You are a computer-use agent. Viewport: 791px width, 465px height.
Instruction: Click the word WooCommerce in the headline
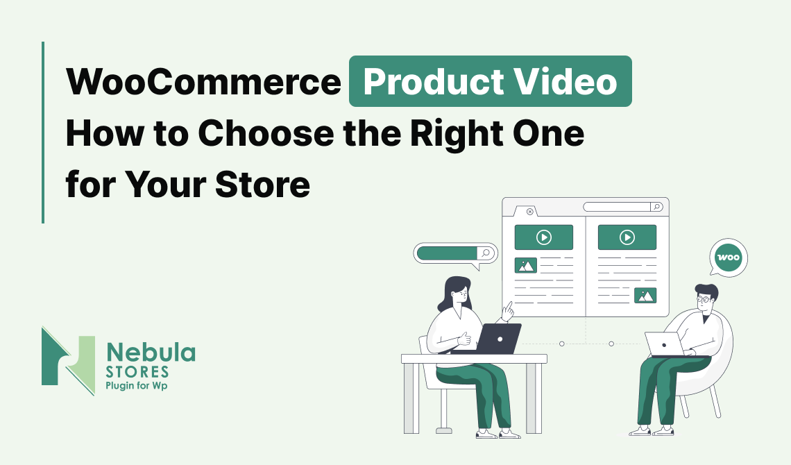point(204,81)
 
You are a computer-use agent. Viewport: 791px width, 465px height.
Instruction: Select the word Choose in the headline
point(266,133)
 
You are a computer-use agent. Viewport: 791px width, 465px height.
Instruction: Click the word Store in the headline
point(262,184)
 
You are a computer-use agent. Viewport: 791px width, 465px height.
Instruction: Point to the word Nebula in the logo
point(151,353)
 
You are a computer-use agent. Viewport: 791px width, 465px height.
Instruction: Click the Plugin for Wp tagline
point(136,386)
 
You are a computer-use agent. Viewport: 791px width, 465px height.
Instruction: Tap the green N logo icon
point(68,361)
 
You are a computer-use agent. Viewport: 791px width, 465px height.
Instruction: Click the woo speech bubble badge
point(729,257)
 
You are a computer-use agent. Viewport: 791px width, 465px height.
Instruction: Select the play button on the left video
point(544,237)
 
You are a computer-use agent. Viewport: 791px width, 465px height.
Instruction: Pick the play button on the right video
point(627,237)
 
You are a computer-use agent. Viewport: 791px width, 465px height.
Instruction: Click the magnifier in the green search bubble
point(486,253)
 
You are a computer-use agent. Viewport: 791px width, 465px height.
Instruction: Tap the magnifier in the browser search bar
point(656,207)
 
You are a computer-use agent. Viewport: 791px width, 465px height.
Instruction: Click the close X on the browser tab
point(529,212)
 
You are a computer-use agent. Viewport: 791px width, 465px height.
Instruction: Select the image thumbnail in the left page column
point(526,265)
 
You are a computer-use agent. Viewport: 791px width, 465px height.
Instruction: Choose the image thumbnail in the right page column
point(645,296)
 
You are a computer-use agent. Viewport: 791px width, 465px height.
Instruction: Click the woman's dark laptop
point(498,339)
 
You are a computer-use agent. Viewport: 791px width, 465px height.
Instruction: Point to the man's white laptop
point(665,344)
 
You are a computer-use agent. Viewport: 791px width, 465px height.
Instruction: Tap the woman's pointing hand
point(507,311)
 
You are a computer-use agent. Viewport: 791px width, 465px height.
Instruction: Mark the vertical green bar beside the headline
point(43,132)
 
